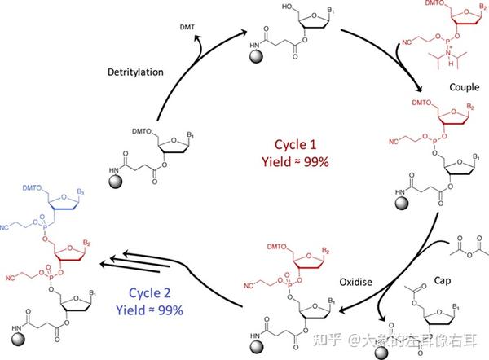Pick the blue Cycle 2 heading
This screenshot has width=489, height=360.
click(x=152, y=294)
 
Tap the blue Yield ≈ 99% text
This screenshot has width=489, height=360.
click(x=153, y=310)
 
